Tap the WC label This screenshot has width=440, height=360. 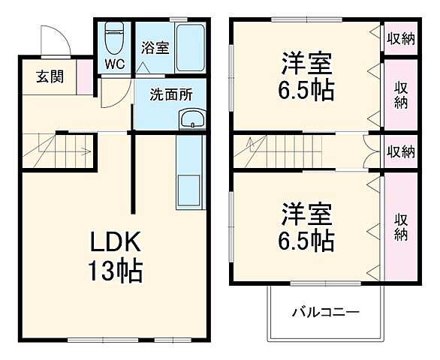113,64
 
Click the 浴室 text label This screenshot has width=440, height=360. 155,47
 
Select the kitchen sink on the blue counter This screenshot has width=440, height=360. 188,192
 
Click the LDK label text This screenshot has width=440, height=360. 116,241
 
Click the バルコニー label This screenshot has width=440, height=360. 325,311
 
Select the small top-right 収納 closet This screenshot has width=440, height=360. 401,37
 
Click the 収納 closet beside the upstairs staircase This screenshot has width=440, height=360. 401,151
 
